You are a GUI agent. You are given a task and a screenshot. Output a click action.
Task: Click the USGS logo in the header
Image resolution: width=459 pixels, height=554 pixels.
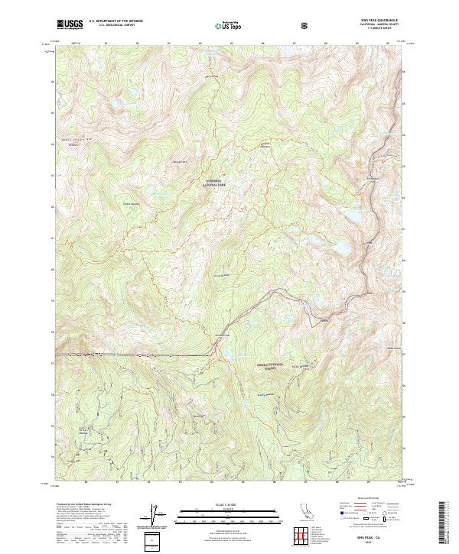[70, 24]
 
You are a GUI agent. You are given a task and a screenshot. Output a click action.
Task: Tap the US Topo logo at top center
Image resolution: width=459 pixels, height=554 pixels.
[227, 24]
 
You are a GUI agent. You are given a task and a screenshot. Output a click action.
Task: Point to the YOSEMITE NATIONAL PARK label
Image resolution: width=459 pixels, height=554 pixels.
[213, 183]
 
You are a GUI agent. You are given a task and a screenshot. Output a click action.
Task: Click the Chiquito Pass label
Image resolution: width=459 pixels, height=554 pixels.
[222, 337]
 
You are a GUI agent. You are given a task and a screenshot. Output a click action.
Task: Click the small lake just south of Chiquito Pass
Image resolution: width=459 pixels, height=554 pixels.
[225, 354]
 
